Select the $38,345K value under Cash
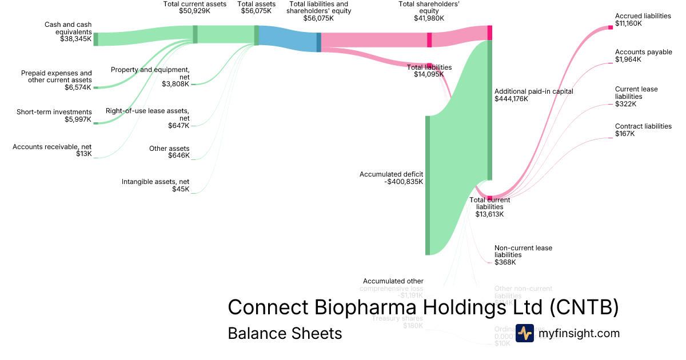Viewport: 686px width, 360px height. pos(75,40)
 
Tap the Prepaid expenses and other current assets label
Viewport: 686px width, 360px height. pos(56,77)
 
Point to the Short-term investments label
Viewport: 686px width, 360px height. pos(54,111)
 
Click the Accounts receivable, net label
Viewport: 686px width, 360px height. pos(52,147)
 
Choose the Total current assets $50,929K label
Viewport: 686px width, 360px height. pos(195,7)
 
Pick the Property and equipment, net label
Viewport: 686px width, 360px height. pos(150,73)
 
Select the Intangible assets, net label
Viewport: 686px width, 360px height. pos(155,182)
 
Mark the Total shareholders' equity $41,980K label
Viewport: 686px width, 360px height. pos(429,11)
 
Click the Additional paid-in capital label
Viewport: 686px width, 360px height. pos(533,91)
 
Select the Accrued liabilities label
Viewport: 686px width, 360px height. pos(643,16)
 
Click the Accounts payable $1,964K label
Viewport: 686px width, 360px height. pos(643,55)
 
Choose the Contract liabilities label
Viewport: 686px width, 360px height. pos(643,126)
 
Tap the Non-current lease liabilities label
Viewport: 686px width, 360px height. pos(523,251)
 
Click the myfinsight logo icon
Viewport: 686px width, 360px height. pos(524,333)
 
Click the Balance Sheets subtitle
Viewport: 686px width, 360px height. pos(285,333)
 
